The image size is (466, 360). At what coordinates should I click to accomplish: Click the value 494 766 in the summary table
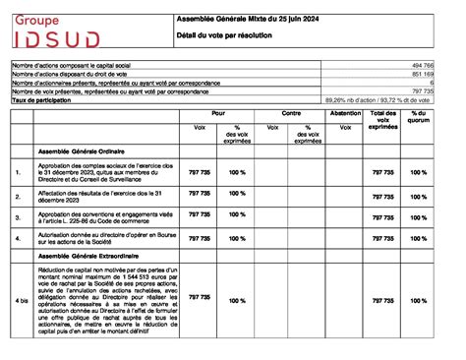click(x=422, y=64)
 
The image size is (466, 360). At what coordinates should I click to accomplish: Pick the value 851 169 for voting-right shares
click(x=422, y=73)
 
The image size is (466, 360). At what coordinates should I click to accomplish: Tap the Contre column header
click(x=291, y=114)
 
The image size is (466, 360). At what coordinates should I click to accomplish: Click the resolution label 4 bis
click(x=21, y=302)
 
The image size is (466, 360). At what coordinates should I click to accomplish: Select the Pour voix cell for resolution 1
click(x=200, y=172)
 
